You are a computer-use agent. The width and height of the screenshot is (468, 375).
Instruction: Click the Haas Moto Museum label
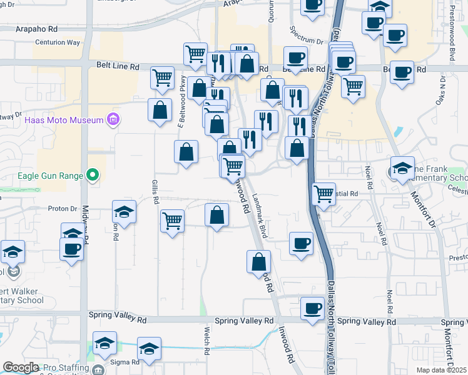(64, 119)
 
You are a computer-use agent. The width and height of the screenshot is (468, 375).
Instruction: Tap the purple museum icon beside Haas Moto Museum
(113, 119)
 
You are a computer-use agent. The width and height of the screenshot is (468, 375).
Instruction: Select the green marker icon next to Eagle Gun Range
(93, 176)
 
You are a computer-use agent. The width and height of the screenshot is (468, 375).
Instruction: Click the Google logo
(21, 367)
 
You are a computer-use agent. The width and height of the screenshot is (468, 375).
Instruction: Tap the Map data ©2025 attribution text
(441, 370)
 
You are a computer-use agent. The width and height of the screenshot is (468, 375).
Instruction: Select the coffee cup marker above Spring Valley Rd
(312, 307)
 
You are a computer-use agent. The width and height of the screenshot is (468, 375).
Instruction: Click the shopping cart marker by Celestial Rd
(323, 194)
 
